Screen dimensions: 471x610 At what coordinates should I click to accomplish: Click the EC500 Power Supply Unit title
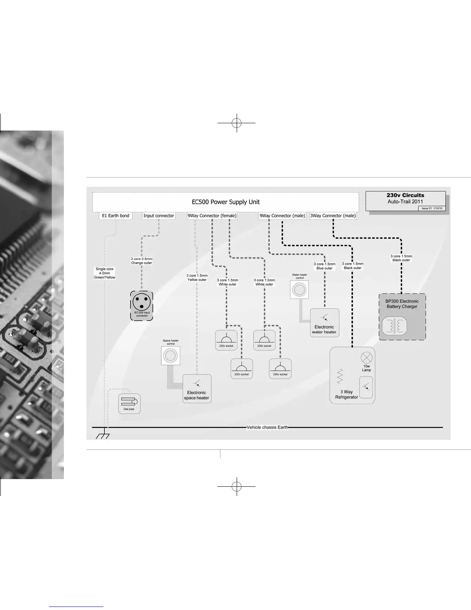[226, 202]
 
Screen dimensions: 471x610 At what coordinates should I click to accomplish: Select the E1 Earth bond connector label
[115, 216]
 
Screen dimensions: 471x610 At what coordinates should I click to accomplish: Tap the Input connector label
[159, 216]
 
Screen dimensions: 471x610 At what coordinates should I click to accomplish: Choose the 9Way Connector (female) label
[212, 216]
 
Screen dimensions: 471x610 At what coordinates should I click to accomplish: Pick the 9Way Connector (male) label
[282, 216]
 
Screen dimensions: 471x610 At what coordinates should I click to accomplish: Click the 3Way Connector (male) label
[333, 216]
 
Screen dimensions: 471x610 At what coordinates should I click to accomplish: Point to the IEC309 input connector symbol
[142, 303]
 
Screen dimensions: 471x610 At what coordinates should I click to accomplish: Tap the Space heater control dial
[170, 355]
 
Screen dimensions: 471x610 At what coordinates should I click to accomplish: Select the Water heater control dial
[299, 290]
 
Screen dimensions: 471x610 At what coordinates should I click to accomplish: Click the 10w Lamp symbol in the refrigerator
[366, 357]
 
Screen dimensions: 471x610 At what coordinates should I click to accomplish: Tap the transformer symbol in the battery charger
[394, 326]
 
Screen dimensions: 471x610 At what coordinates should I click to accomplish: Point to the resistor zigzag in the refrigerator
[340, 376]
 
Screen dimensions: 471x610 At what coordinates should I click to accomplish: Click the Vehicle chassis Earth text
[267, 427]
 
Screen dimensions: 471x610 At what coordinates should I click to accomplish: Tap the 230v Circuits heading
[405, 195]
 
